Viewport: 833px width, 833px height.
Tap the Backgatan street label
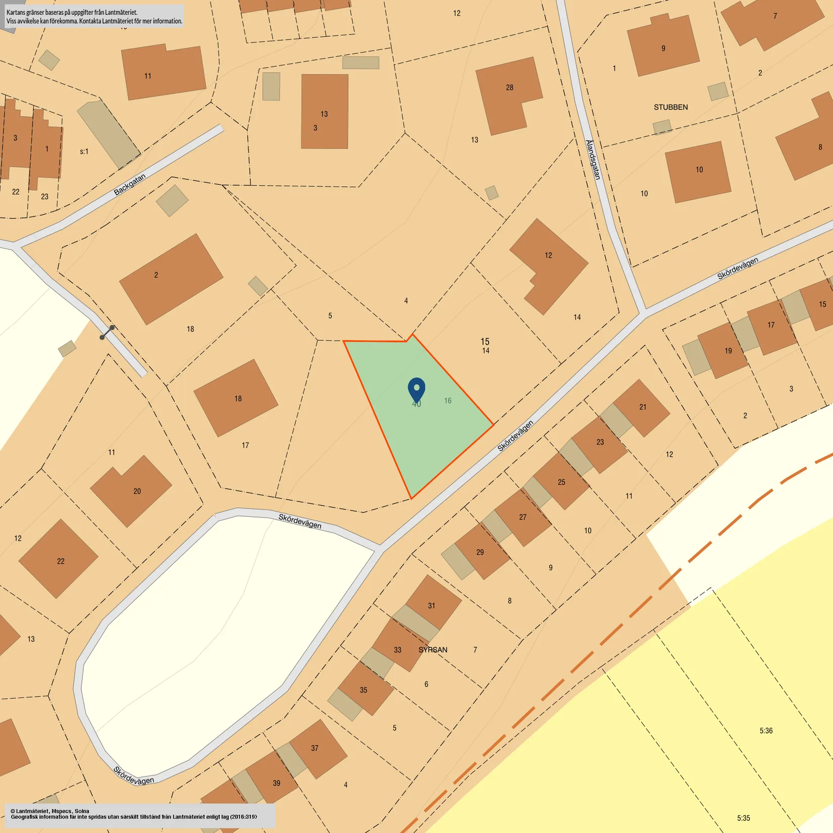coord(130,184)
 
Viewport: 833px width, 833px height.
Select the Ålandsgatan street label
coord(593,160)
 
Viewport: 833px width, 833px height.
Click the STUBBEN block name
coord(670,107)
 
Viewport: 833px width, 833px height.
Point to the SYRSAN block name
coord(433,650)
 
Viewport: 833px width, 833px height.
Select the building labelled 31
coord(432,605)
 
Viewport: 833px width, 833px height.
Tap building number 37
coord(315,748)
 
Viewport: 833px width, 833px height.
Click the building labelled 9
coord(663,48)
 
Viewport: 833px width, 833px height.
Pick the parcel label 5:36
coord(766,731)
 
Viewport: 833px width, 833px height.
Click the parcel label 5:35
coord(743,818)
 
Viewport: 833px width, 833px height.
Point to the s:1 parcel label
coord(84,151)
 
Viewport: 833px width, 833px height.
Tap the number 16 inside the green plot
coord(448,401)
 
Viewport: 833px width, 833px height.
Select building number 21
coord(643,407)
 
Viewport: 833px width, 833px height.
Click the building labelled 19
coord(728,351)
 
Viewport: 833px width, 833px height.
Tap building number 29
coord(480,552)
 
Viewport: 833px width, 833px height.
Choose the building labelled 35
coord(363,690)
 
